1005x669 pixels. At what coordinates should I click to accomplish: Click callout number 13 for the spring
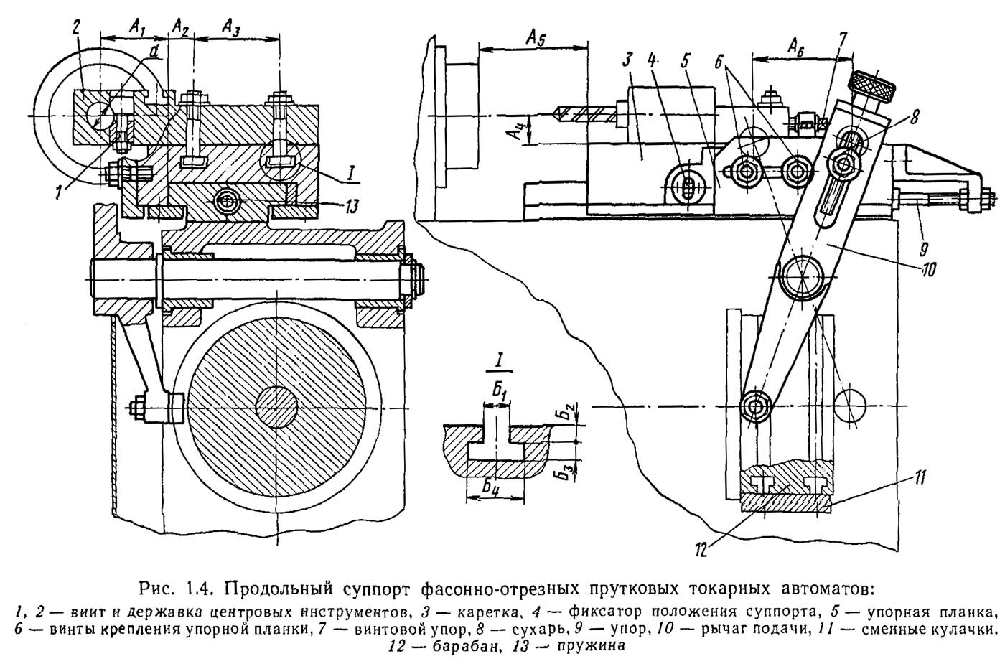tap(352, 207)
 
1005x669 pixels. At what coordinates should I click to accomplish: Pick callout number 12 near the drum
tap(701, 549)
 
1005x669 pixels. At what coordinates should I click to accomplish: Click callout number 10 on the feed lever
tap(929, 270)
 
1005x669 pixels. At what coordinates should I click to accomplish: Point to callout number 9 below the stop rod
tap(923, 248)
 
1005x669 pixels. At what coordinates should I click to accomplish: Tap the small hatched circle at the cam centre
tap(277, 407)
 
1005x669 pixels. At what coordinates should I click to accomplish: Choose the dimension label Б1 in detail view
tap(499, 390)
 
